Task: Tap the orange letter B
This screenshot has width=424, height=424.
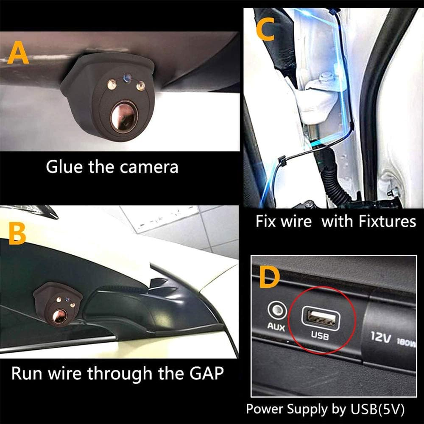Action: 17,235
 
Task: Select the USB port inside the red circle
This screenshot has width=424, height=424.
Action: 318,318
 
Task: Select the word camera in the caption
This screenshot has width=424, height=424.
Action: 149,167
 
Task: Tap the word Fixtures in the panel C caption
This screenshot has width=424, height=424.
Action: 369,221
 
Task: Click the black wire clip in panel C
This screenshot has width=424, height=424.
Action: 280,162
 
